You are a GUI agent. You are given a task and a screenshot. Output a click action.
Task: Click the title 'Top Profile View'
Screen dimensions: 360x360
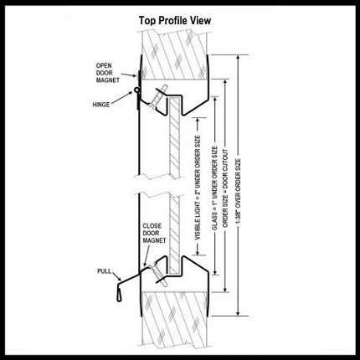click(x=175, y=21)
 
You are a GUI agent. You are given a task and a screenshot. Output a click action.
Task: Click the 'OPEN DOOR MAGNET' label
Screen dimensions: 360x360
click(x=108, y=73)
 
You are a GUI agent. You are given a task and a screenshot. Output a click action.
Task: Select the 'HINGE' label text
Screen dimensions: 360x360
click(x=101, y=105)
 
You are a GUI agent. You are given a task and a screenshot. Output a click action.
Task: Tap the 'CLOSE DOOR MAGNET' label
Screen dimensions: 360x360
click(x=154, y=233)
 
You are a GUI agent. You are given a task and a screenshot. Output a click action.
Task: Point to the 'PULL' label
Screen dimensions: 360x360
click(x=104, y=271)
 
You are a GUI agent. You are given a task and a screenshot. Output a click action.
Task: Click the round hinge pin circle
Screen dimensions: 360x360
click(x=136, y=90)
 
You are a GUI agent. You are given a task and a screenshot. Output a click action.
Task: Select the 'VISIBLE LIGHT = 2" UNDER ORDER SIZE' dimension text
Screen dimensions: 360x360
click(x=198, y=188)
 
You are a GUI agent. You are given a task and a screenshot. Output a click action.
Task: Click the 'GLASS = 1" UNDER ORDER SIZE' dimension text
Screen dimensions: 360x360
click(x=214, y=188)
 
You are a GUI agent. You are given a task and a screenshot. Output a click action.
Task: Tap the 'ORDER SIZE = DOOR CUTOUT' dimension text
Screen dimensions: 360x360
click(x=225, y=188)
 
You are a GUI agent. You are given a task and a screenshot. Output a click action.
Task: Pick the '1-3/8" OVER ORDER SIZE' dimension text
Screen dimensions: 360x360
click(x=238, y=191)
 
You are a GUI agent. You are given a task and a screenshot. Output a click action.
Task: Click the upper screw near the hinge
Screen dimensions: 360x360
click(x=158, y=96)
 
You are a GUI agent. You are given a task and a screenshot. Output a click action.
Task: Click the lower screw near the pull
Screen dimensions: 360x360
click(x=159, y=275)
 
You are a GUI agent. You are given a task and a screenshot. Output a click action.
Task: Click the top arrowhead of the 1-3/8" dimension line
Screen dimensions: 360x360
click(x=238, y=58)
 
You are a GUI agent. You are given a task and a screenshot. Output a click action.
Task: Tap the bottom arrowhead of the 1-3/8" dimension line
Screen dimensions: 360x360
click(x=238, y=312)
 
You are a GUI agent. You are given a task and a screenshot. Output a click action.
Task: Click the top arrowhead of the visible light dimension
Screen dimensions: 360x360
click(x=198, y=121)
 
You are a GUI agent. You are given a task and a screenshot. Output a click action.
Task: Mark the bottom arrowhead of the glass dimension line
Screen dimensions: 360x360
click(x=214, y=272)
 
